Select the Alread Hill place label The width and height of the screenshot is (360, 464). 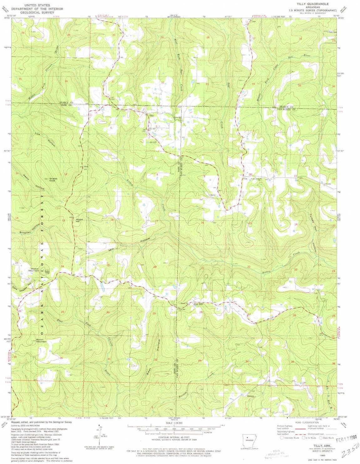80,220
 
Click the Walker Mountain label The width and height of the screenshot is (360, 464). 34,269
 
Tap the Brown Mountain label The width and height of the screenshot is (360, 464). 41,340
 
